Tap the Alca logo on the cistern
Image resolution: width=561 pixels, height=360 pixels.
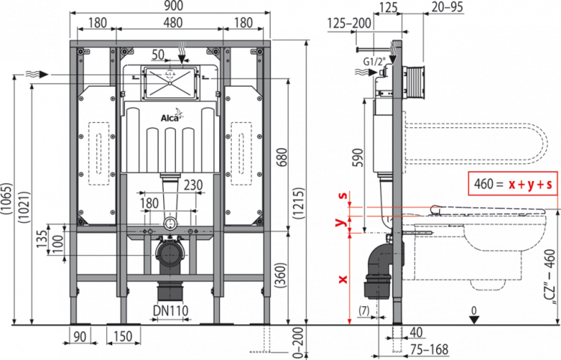click(x=168, y=118)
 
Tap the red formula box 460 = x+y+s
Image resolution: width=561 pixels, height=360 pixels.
click(x=512, y=183)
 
